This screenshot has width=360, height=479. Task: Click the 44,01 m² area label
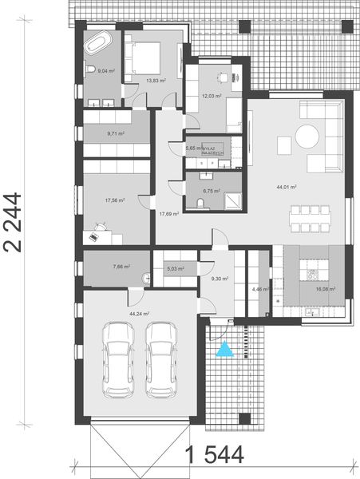287,187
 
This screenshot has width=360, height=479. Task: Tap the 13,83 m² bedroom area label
156,80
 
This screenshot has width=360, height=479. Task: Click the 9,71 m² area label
116,133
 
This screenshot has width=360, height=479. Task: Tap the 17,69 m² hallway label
168,213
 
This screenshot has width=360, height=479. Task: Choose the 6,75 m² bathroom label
212,191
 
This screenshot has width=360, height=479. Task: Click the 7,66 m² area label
121,267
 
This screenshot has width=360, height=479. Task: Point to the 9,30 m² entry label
220,279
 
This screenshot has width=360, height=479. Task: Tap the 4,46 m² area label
258,289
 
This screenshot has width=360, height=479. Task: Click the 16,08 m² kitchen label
325,289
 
